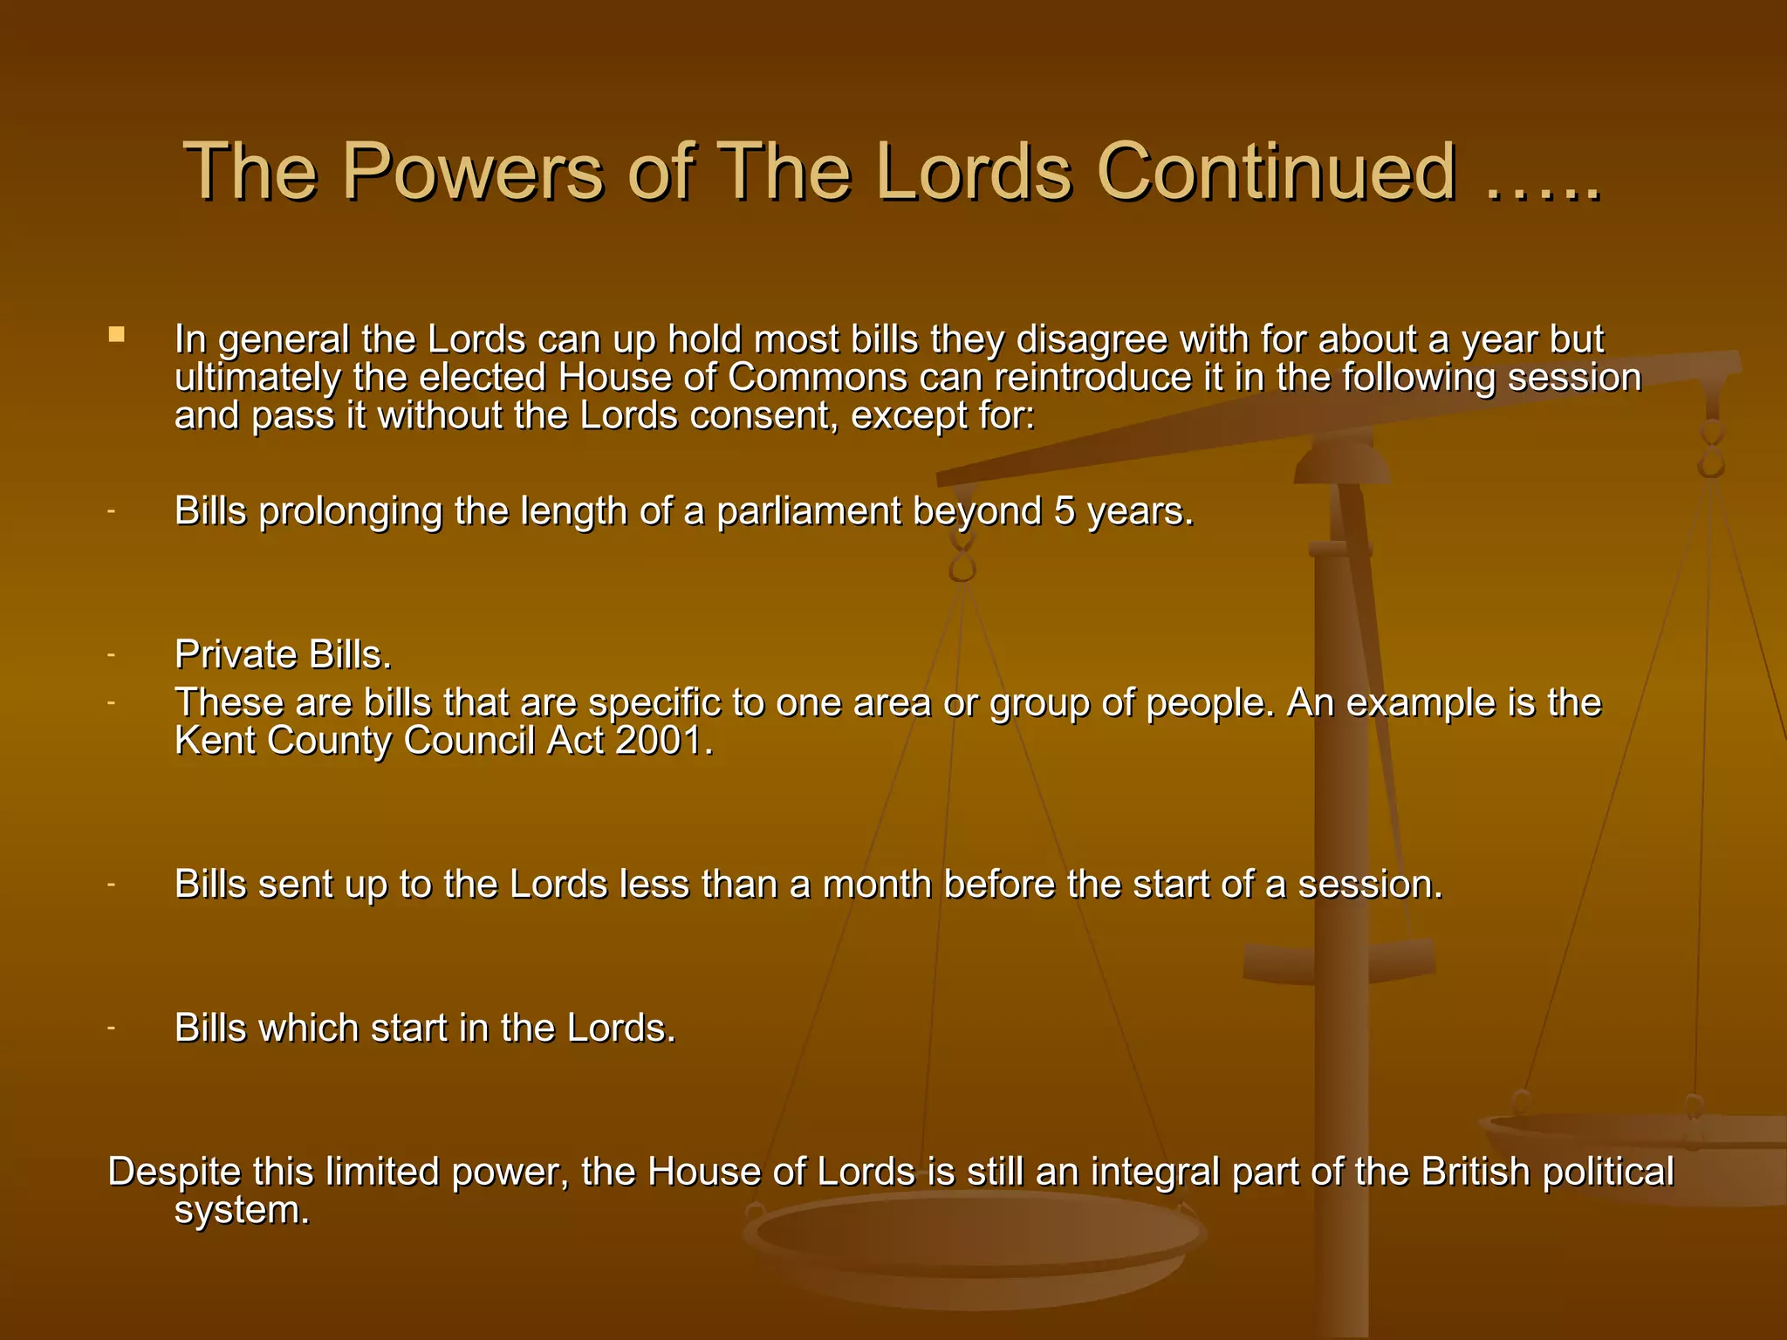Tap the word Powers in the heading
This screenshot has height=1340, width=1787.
476,171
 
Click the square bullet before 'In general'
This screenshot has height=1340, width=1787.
117,334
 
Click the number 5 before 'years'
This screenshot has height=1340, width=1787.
1064,510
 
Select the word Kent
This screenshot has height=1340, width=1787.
215,741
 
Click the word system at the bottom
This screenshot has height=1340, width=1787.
241,1211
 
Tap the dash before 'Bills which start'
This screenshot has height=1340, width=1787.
112,1028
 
